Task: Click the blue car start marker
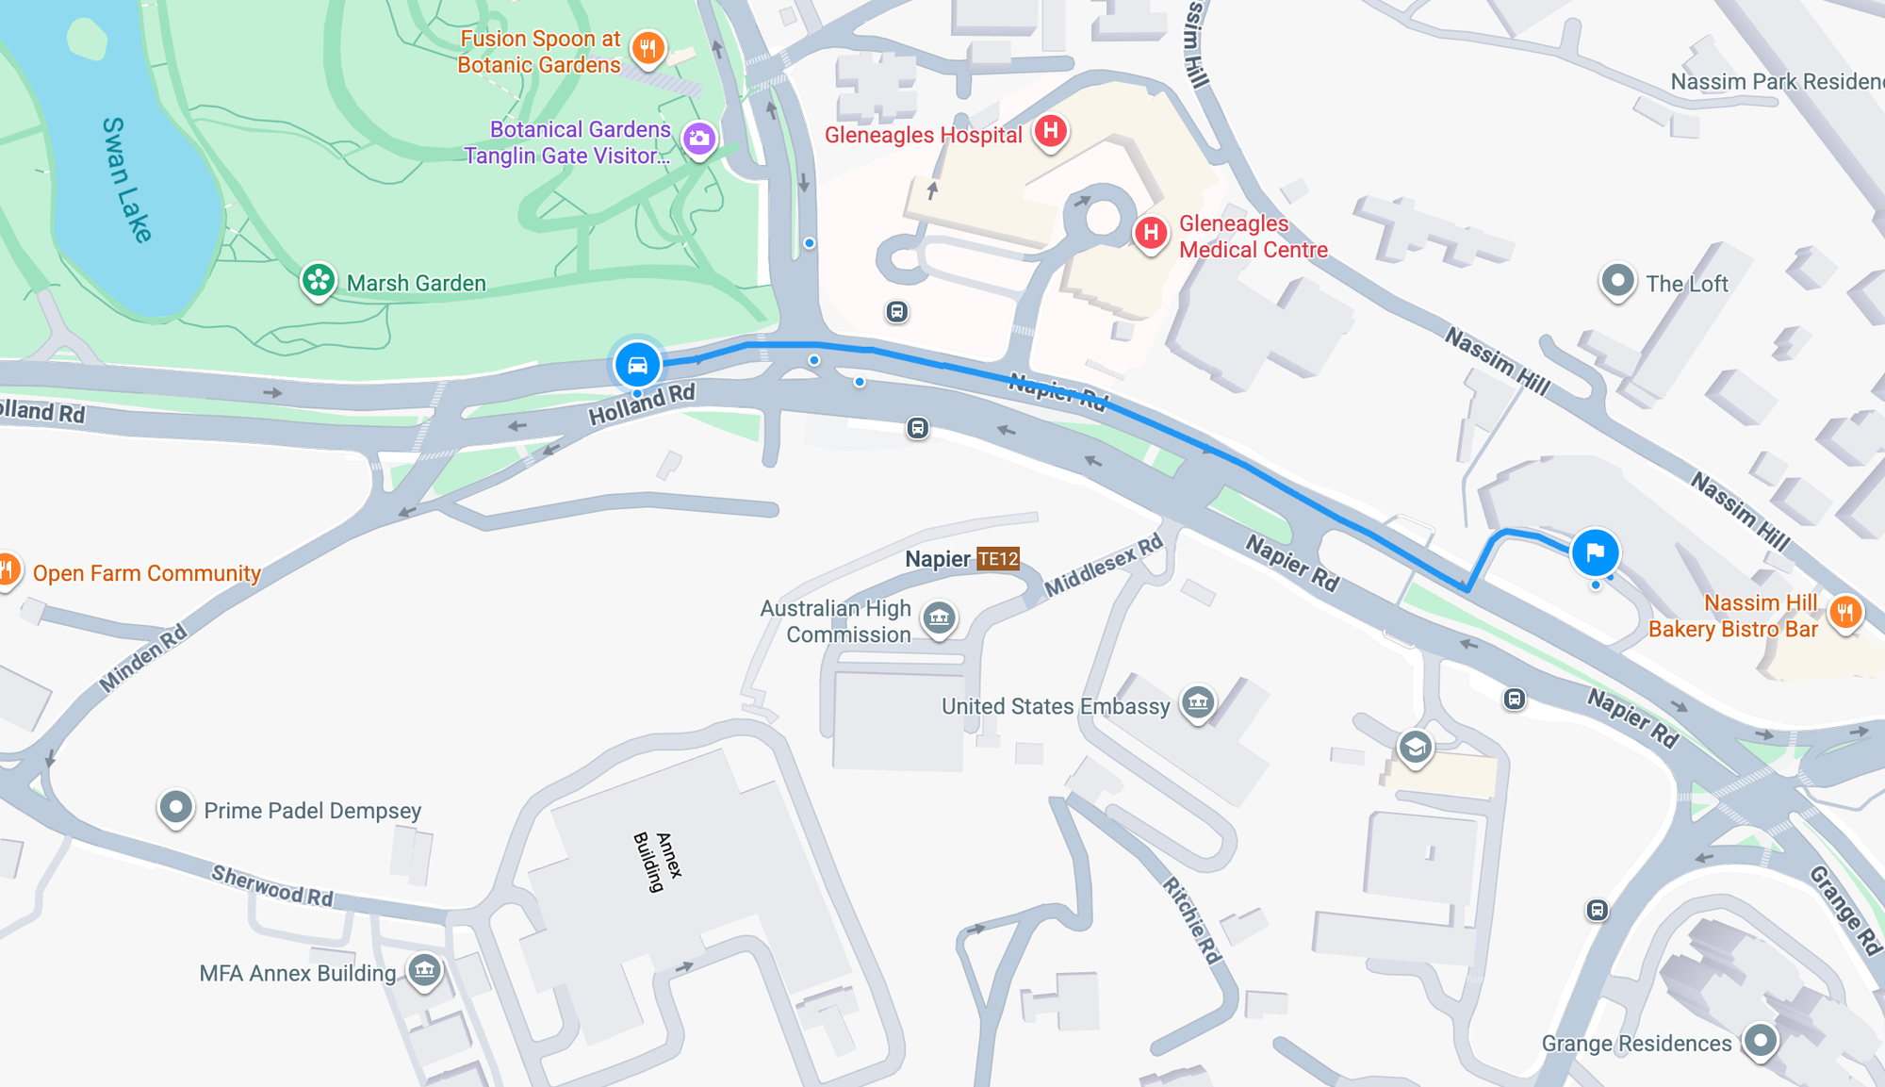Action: click(637, 365)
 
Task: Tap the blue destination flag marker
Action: click(1595, 552)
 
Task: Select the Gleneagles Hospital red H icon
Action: click(1050, 131)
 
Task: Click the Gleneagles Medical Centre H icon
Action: click(1150, 232)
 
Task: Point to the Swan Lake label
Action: click(126, 179)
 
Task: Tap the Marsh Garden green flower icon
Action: click(319, 280)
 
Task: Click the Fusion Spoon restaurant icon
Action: click(647, 47)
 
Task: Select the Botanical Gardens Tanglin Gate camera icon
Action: click(698, 140)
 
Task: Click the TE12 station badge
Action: click(998, 559)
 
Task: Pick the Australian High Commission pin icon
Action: click(939, 618)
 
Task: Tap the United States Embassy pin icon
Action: click(1198, 701)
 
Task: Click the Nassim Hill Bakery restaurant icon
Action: click(1845, 613)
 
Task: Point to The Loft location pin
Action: click(1617, 280)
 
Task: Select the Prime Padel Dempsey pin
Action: click(175, 807)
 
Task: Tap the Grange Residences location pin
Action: click(1760, 1041)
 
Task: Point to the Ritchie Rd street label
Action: click(1192, 920)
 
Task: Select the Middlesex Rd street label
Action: click(1105, 567)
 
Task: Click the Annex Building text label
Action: click(658, 860)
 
